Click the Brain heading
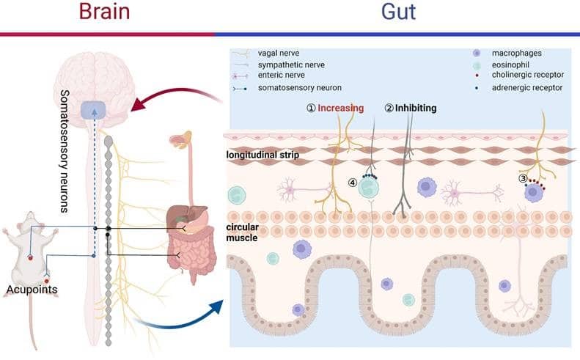click(104, 11)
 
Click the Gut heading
click(398, 12)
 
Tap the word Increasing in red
click(341, 108)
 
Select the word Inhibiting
click(416, 108)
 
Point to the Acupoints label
click(32, 290)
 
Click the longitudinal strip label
click(263, 155)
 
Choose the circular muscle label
click(242, 232)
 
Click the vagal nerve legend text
click(279, 54)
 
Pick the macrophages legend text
click(517, 54)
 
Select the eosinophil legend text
click(510, 65)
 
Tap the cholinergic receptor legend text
click(528, 75)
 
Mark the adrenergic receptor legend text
click(527, 88)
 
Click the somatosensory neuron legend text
click(300, 88)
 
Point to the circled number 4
click(353, 183)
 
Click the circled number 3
click(523, 178)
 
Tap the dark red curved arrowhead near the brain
click(139, 104)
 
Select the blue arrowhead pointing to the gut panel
click(216, 307)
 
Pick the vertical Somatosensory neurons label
click(65, 151)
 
